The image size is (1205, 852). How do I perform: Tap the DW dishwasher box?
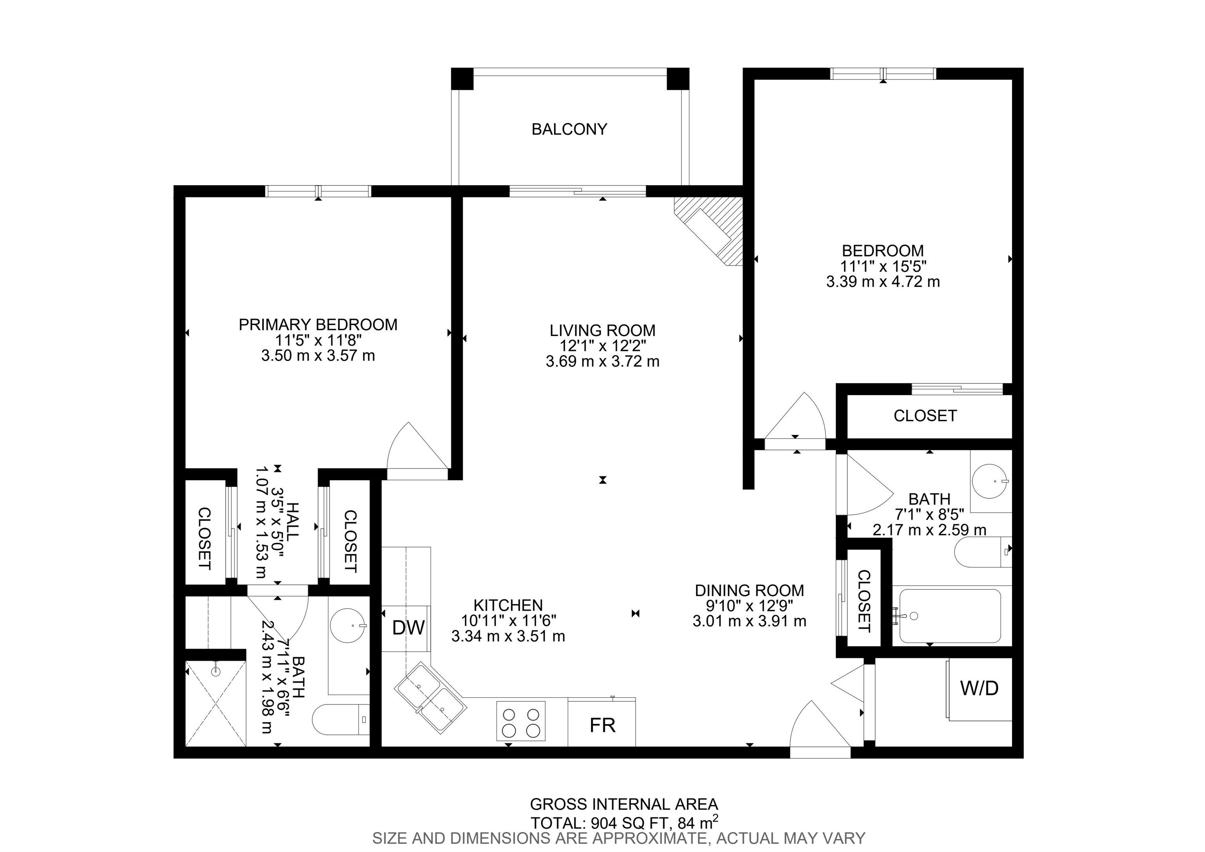click(x=408, y=628)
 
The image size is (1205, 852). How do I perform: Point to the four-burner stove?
click(x=521, y=721)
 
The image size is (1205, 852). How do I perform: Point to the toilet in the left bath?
click(x=341, y=719)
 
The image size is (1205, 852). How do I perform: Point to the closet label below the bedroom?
click(x=925, y=416)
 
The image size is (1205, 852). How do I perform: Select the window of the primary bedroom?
click(x=319, y=191)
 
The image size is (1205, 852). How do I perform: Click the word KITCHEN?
click(x=508, y=605)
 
